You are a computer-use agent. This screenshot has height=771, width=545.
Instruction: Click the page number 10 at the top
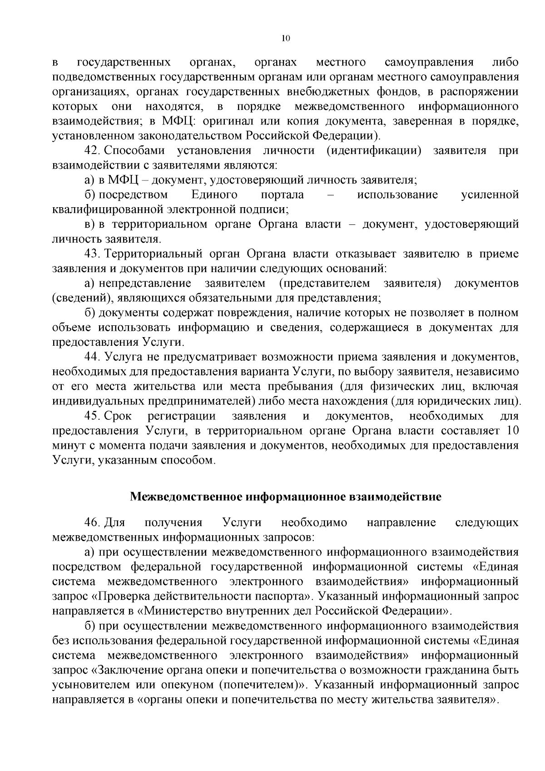point(285,39)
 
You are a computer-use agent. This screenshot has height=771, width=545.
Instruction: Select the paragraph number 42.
point(93,150)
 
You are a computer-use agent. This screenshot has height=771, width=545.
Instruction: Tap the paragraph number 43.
point(93,254)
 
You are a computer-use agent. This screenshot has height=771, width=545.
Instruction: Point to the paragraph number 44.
point(93,357)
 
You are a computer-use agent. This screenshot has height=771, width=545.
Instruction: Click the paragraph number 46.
point(93,522)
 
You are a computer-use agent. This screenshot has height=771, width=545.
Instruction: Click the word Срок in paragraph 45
point(118,416)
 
